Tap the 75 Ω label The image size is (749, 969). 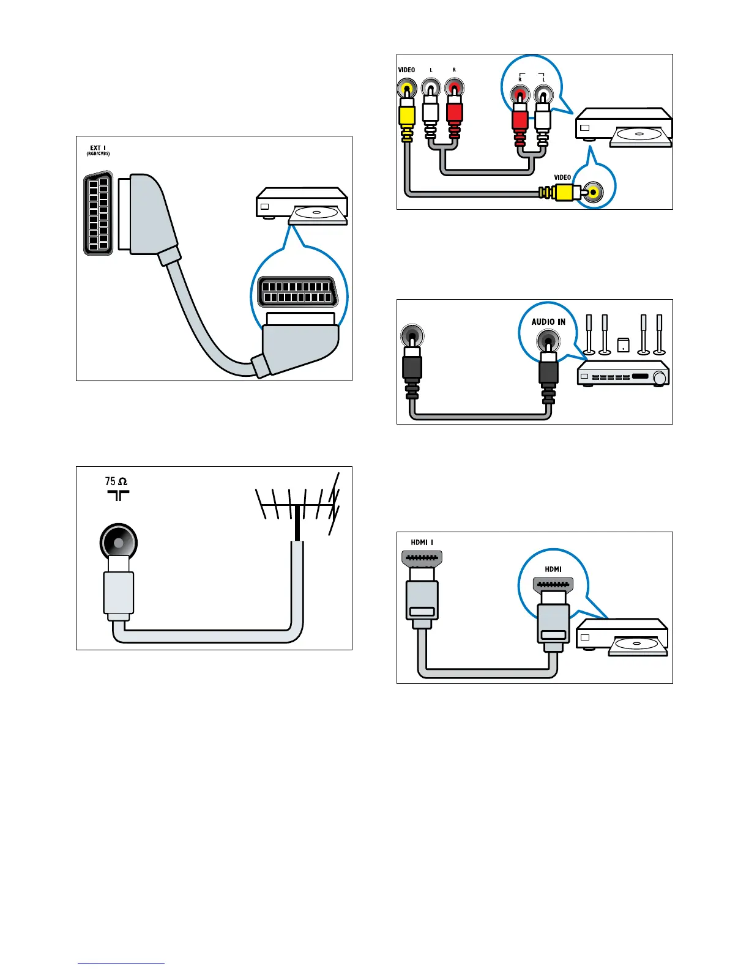116,481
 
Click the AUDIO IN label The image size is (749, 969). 548,322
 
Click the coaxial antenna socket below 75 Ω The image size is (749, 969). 118,543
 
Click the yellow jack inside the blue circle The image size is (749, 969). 592,193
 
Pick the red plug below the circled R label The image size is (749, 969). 520,119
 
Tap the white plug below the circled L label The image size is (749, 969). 542,119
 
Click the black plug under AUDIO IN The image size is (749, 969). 548,373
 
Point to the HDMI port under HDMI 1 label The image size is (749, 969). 421,558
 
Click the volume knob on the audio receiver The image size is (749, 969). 659,378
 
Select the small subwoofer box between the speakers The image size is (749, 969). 623,345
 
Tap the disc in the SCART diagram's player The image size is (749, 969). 316,213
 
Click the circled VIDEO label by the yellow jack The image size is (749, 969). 562,177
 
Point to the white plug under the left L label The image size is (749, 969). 431,114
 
